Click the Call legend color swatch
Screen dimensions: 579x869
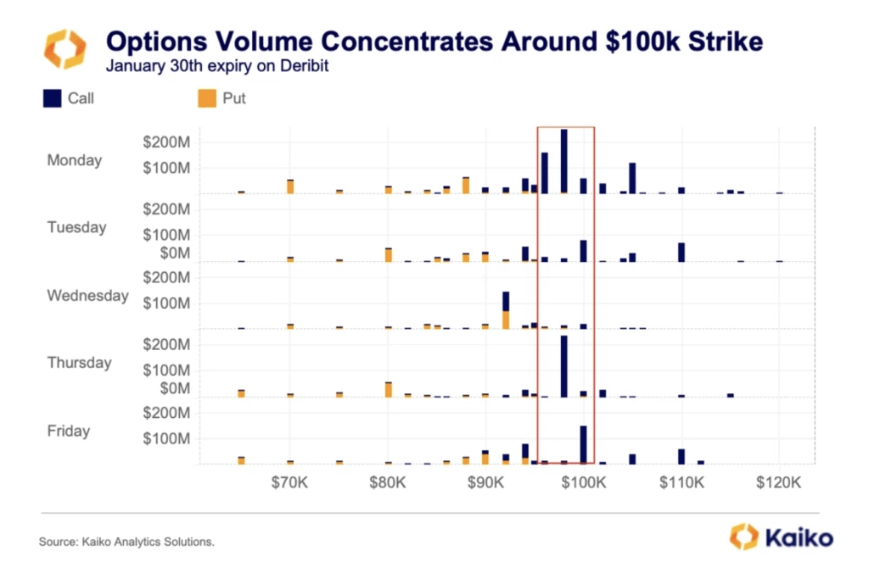click(52, 98)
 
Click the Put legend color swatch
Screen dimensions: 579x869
click(206, 98)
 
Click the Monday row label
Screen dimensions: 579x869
click(75, 160)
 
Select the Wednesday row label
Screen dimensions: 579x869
click(87, 296)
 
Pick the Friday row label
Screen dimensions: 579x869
click(69, 431)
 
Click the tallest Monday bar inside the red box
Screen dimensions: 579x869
click(564, 161)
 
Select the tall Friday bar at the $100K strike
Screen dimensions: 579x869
click(584, 443)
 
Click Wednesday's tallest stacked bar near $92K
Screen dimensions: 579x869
click(506, 309)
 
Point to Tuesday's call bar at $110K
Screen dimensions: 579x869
click(681, 252)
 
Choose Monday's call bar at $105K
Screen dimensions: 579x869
click(632, 177)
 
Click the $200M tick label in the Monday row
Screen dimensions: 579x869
click(165, 142)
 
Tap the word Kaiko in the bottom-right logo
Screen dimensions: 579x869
click(799, 537)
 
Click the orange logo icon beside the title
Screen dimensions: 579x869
click(65, 48)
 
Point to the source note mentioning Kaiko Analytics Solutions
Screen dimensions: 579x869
click(126, 541)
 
